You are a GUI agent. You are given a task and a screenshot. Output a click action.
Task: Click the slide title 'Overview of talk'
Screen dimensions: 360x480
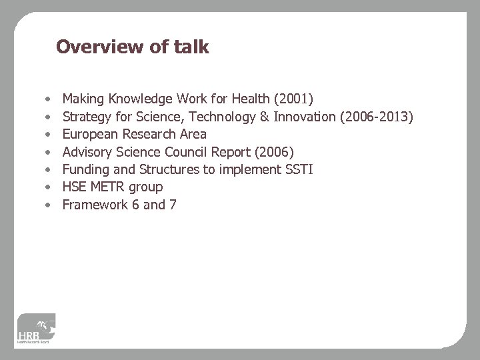tap(133, 47)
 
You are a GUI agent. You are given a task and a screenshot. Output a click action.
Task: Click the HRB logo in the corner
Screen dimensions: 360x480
tap(37, 331)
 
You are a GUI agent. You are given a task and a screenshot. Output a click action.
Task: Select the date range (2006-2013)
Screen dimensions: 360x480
tap(377, 117)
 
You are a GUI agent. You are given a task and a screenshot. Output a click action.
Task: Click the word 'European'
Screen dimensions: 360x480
tap(90, 135)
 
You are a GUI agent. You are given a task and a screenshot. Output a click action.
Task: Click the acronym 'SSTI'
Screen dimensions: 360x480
tap(299, 169)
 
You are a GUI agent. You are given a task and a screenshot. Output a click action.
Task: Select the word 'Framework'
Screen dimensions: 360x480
tap(93, 205)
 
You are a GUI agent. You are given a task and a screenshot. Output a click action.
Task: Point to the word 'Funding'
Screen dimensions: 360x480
tap(85, 169)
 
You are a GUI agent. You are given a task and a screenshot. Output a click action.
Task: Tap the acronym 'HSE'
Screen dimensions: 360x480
tap(75, 187)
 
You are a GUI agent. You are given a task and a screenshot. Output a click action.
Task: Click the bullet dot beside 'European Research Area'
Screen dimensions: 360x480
tap(48, 135)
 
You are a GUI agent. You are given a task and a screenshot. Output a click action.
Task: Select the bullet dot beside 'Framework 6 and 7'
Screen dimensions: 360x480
tap(48, 205)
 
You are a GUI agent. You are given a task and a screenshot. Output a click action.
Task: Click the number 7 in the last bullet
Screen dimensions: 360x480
tap(173, 205)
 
